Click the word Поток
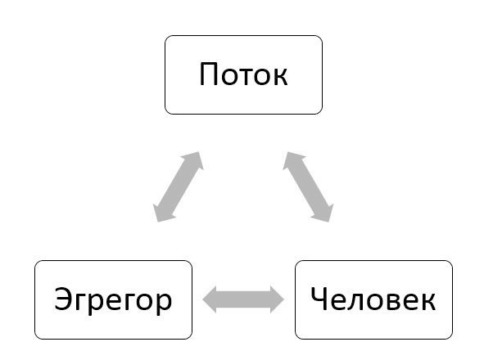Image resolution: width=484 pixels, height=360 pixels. [x=243, y=74]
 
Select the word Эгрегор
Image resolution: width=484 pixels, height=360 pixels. [x=113, y=301]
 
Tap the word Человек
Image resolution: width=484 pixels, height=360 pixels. [x=373, y=299]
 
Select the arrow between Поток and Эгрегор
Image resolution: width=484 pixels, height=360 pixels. [x=179, y=187]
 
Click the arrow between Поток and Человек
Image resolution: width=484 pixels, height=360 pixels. [x=308, y=187]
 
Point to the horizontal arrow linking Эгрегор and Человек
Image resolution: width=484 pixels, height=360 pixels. [x=243, y=299]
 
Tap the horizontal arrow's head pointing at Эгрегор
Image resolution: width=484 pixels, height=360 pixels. [x=210, y=299]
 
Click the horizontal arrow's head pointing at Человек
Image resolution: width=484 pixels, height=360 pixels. [x=277, y=299]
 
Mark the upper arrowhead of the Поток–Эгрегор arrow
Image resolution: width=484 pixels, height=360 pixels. [x=195, y=160]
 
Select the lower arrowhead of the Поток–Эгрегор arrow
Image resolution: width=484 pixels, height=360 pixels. [x=162, y=213]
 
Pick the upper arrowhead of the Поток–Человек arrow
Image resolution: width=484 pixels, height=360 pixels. [x=292, y=160]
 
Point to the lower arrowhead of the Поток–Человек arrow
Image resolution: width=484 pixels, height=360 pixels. [x=324, y=213]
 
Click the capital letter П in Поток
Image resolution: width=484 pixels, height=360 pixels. [x=208, y=74]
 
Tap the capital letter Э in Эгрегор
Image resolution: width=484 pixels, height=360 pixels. [x=64, y=299]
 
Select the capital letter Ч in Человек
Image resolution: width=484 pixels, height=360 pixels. [x=319, y=299]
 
